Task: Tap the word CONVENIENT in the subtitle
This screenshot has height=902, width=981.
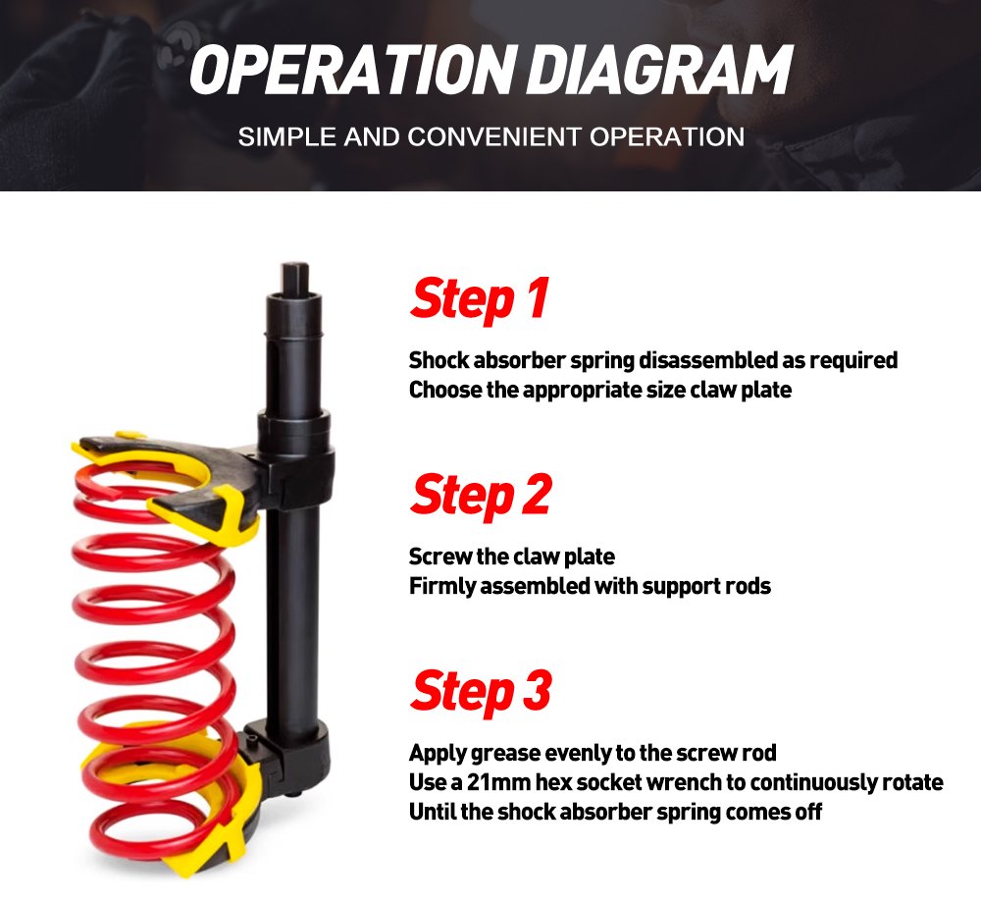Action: coord(494,137)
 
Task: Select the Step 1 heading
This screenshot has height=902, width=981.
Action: coord(480,299)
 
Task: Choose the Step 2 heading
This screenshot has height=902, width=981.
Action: coord(481,495)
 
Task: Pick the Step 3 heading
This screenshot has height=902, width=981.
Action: coord(481,691)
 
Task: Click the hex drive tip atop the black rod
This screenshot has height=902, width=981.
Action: coord(295,278)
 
